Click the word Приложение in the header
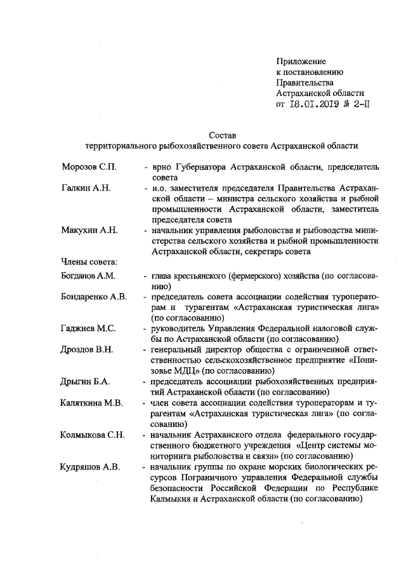pyautogui.click(x=301, y=61)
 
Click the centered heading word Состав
pyautogui.click(x=222, y=135)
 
